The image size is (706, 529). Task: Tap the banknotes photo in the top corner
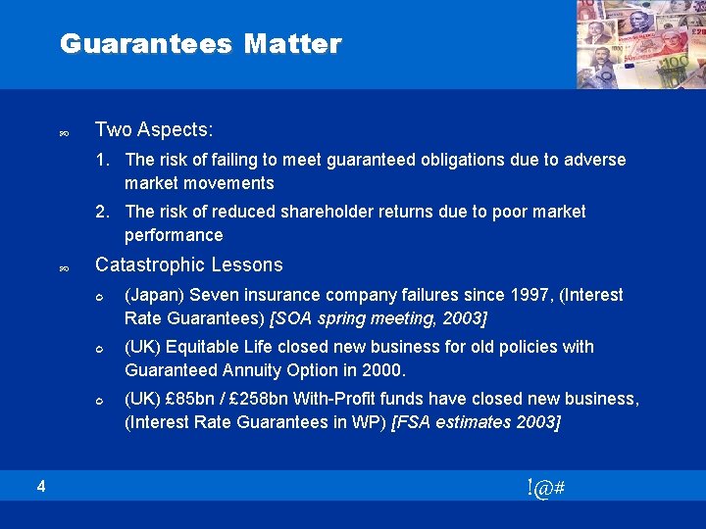tap(640, 44)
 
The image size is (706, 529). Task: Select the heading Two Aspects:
tap(154, 130)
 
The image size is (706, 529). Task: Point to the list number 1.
tap(102, 160)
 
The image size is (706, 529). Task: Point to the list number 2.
tap(102, 212)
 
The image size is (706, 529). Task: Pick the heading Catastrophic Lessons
tap(188, 264)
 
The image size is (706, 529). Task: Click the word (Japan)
tap(154, 295)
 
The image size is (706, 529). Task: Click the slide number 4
tap(41, 485)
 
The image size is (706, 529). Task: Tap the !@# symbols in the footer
tap(544, 488)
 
